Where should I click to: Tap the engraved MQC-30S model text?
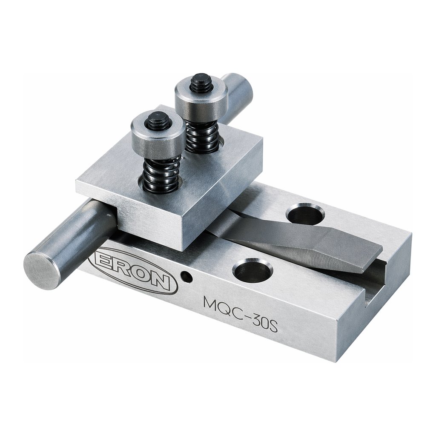click(241, 314)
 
